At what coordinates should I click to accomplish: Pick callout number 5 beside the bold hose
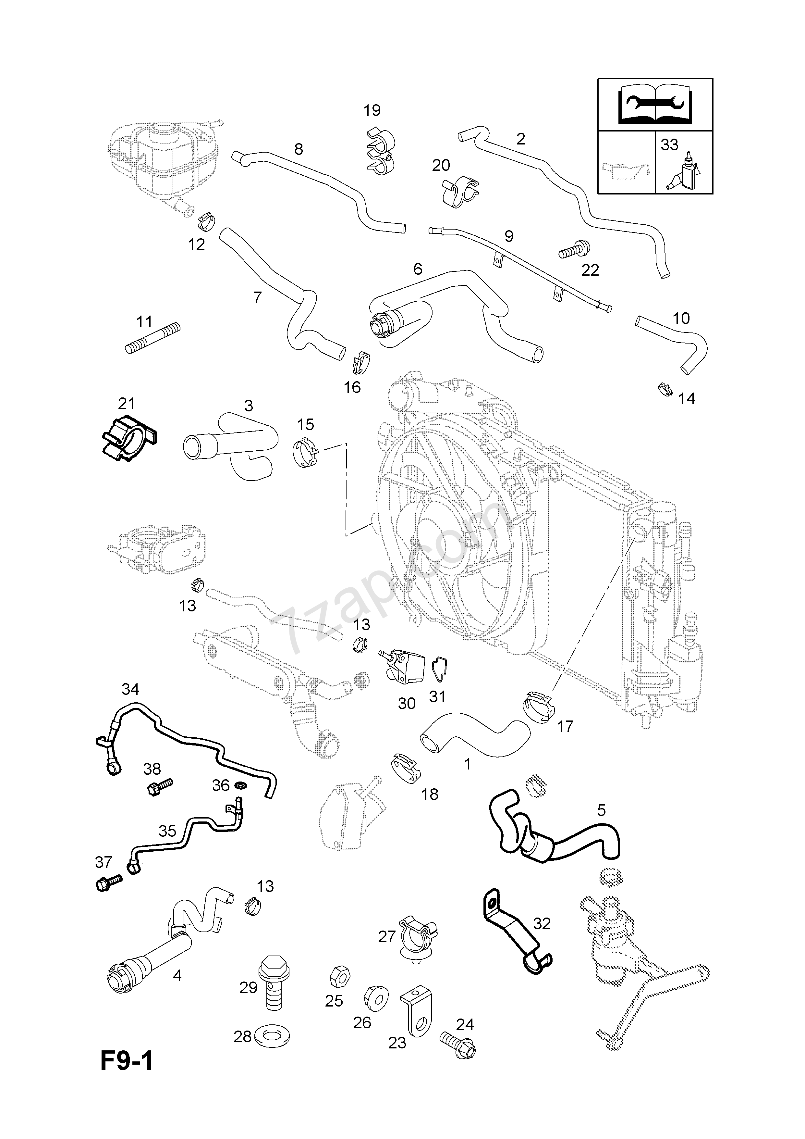click(601, 811)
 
